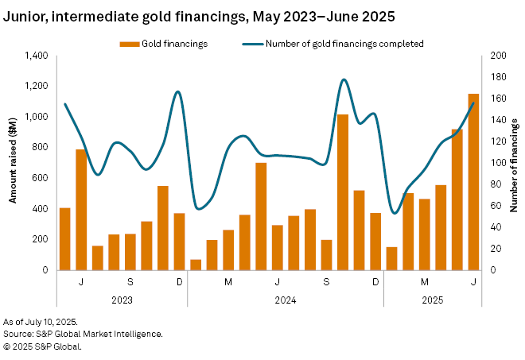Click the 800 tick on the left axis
39,147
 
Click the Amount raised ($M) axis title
13,163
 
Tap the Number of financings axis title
515,163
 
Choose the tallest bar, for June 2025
473,182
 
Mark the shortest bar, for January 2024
196,265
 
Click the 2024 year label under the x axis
286,300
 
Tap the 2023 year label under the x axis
122,300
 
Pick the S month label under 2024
326,283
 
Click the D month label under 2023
179,283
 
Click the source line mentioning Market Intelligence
84,334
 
